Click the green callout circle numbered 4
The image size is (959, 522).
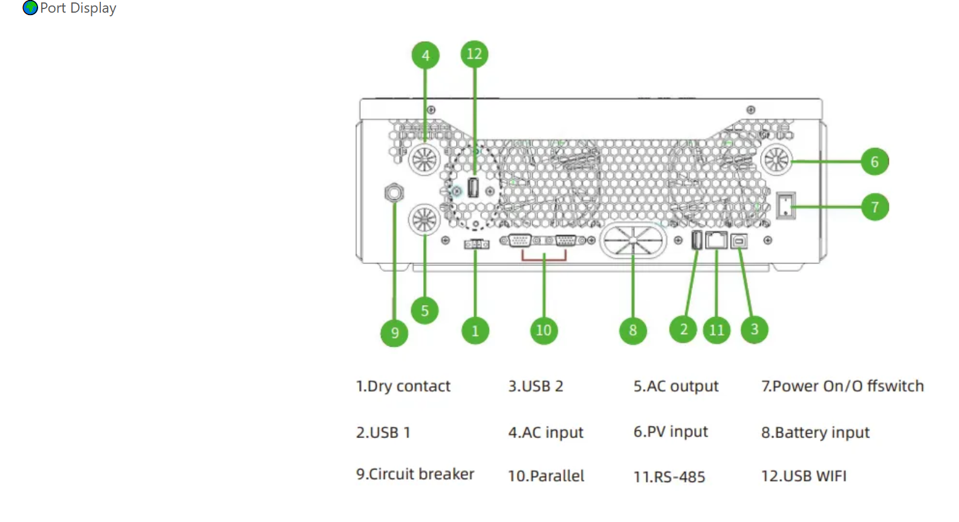[x=425, y=56]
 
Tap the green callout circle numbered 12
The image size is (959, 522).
[x=474, y=54]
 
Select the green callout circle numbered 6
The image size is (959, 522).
[x=874, y=161]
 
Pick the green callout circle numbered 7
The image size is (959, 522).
[x=874, y=207]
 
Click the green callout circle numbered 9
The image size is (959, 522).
[x=394, y=333]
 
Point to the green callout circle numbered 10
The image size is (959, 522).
[x=544, y=330]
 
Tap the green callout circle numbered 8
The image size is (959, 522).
[x=632, y=330]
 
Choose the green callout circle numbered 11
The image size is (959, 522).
[x=717, y=330]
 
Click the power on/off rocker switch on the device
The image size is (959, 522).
[x=785, y=205]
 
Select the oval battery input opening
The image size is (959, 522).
[x=632, y=240]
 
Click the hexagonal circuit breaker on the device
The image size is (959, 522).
[x=394, y=193]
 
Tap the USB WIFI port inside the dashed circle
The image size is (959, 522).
[x=473, y=188]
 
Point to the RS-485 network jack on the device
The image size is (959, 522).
[x=717, y=240]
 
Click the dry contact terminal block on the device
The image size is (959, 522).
[x=476, y=244]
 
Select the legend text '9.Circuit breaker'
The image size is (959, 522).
[x=415, y=474]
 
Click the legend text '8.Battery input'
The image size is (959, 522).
[x=815, y=433]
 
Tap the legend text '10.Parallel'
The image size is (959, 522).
[x=546, y=476]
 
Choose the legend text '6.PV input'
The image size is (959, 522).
[x=671, y=432]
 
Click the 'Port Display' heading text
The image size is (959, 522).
[x=78, y=8]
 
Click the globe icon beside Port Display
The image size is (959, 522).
[x=30, y=8]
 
